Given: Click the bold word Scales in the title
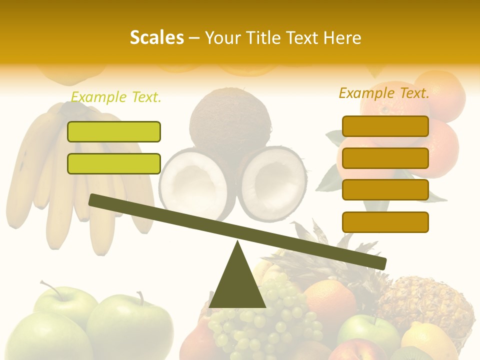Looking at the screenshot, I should [x=156, y=37].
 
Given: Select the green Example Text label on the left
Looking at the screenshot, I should [x=116, y=97].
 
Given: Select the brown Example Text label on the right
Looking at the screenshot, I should [x=384, y=93].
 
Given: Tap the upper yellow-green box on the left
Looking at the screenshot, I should [x=114, y=131].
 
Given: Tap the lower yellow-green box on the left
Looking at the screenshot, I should [x=114, y=163].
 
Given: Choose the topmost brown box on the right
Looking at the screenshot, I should [x=385, y=126].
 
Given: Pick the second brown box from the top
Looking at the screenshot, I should [x=385, y=158].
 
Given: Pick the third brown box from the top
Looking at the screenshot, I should [x=385, y=189].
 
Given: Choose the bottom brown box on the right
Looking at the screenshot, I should [x=385, y=222].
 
